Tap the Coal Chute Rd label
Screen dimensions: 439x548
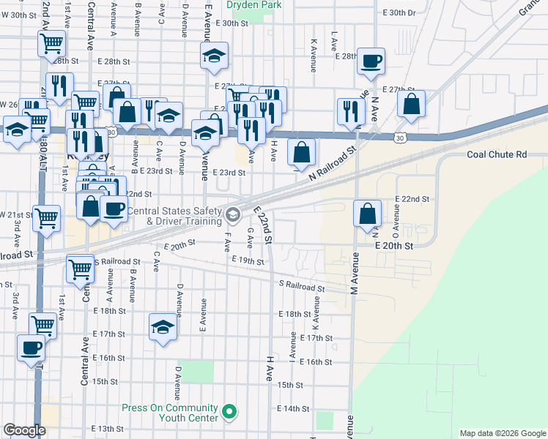[x=497, y=154]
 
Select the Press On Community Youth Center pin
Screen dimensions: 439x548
[x=229, y=412]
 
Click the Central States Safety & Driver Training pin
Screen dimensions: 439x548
[x=233, y=214]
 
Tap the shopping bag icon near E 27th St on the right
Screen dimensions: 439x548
[x=411, y=104]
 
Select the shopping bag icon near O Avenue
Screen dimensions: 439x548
[x=367, y=214]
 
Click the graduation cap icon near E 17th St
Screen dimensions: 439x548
[x=163, y=326]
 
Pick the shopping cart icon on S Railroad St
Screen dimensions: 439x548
[x=80, y=268]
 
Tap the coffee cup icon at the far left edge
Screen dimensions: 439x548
[x=32, y=348]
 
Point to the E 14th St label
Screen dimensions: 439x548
[x=293, y=408]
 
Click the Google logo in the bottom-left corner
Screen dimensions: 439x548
[x=24, y=430]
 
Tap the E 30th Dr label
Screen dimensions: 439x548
[x=399, y=13]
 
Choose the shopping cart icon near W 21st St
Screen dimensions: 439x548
[x=46, y=217]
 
